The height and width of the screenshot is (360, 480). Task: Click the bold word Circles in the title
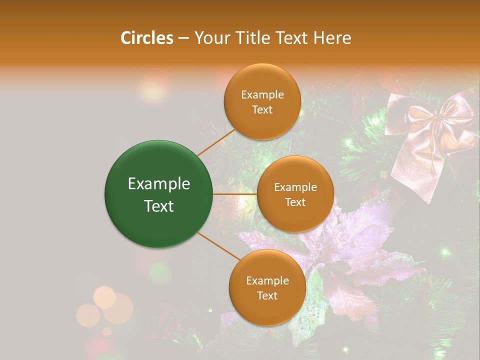(147, 38)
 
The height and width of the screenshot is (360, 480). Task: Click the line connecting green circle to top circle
(216, 142)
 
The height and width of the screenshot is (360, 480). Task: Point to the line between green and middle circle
(235, 194)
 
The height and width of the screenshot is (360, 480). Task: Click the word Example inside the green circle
(159, 184)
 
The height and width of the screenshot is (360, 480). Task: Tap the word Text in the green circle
(159, 206)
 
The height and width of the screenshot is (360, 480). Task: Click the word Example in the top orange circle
(262, 95)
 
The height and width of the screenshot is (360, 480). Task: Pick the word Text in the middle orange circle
(295, 202)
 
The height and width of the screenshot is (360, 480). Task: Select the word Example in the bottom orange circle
(267, 281)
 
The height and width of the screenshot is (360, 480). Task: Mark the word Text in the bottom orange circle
(267, 296)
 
